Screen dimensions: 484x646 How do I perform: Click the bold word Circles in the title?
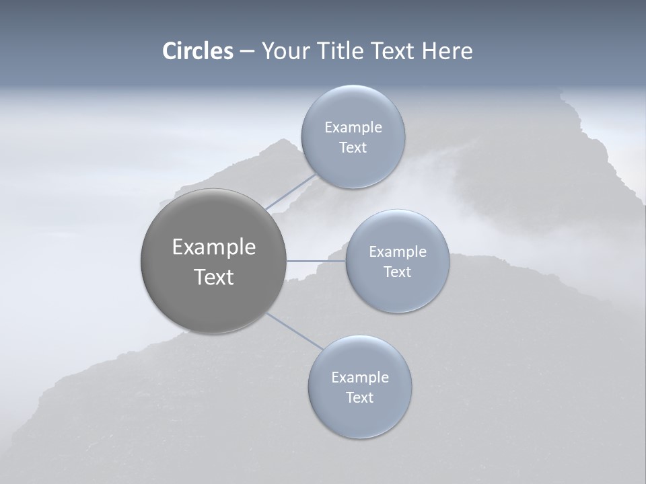tap(198, 51)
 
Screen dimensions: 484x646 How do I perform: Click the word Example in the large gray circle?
tap(213, 247)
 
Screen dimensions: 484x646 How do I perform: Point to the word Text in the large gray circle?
tap(213, 277)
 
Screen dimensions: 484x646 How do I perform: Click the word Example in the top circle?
tap(353, 128)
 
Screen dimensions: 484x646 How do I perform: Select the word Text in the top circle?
tap(353, 148)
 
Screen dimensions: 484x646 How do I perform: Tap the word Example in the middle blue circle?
tap(397, 252)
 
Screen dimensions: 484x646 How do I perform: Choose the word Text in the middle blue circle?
tap(397, 272)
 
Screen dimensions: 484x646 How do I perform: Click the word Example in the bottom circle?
tap(359, 378)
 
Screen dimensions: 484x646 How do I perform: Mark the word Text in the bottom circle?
tap(359, 398)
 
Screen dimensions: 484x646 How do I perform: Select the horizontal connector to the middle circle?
tap(316, 261)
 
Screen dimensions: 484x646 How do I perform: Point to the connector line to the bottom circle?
tap(295, 331)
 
